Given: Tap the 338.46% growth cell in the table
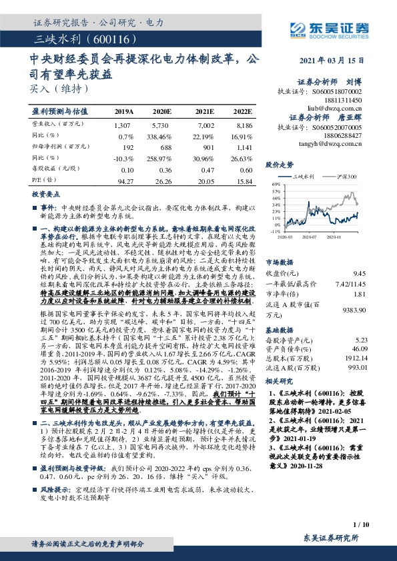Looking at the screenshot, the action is pos(161,135).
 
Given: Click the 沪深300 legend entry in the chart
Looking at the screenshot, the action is pos(346,177).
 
